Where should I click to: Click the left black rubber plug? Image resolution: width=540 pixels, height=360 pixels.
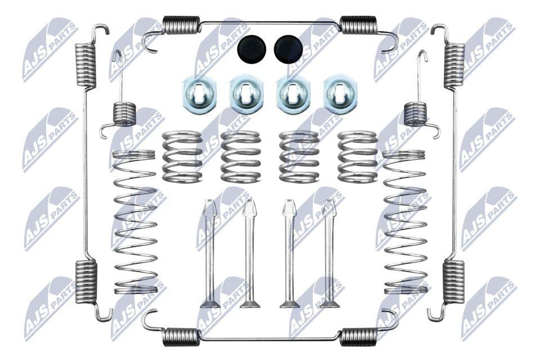252,49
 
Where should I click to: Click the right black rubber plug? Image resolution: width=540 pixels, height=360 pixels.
288,49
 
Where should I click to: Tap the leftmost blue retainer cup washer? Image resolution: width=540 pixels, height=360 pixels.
199,93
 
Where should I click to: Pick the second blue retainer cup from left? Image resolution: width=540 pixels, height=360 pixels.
246,93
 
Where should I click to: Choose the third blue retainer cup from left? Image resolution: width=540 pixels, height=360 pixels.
292,93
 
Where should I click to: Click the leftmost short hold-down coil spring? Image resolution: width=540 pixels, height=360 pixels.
182,156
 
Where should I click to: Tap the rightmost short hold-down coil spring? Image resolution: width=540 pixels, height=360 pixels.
358,156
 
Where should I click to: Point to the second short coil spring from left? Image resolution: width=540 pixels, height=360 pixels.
240,156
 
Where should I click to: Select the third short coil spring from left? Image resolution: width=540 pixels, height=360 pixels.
299,156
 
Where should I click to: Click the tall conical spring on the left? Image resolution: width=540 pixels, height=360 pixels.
134,222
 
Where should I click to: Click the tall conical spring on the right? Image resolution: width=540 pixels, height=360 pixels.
404,222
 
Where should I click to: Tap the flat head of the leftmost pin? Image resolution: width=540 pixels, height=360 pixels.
210,304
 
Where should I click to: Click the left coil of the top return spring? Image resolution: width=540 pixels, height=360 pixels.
181,25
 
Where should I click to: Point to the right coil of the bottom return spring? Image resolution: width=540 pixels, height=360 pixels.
358,336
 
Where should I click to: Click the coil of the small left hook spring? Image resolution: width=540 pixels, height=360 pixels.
125,114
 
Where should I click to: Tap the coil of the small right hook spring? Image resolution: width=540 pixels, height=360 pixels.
415,114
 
